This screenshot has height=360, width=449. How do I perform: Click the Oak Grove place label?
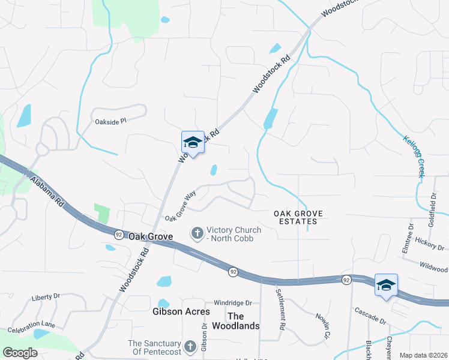pos(151,236)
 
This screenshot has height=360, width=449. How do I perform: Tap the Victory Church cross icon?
pos(197,233)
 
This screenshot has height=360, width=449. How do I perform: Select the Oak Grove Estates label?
pos(298,217)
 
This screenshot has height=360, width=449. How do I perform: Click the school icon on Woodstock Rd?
pos(193,143)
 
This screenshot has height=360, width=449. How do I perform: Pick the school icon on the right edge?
pos(386,286)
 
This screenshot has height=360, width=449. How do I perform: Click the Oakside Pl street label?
pos(111,121)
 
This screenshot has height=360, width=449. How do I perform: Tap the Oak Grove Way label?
pos(181,205)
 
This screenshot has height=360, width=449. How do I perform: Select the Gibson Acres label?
pos(181,311)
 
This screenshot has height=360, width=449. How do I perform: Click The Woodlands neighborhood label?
pos(244,321)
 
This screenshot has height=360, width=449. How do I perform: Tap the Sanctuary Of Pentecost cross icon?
pos(190,347)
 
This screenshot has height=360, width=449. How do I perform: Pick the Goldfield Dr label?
pos(432,206)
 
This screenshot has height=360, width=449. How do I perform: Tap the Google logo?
pos(20,353)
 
